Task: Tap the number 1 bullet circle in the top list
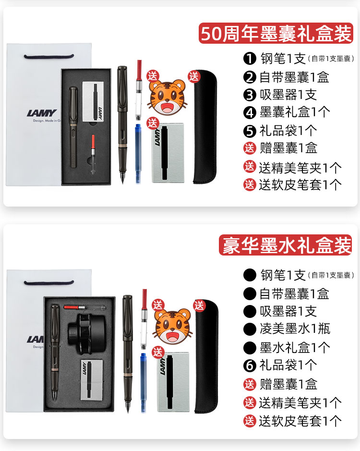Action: click(x=250, y=59)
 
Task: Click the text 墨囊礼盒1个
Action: click(x=295, y=112)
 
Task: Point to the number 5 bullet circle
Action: click(x=250, y=130)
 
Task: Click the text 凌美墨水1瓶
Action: click(x=295, y=329)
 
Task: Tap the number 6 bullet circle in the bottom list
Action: click(x=250, y=365)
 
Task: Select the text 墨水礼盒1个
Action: click(x=295, y=347)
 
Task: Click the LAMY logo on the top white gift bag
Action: click(x=42, y=114)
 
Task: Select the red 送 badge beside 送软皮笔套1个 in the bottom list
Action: click(x=250, y=421)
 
